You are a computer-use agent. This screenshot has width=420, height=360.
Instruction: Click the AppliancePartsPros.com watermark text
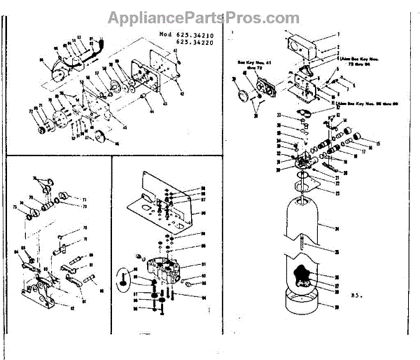point(202,17)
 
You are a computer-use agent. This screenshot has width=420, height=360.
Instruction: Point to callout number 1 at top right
point(338,33)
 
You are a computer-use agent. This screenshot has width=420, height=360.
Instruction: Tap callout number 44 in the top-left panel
point(150,111)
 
